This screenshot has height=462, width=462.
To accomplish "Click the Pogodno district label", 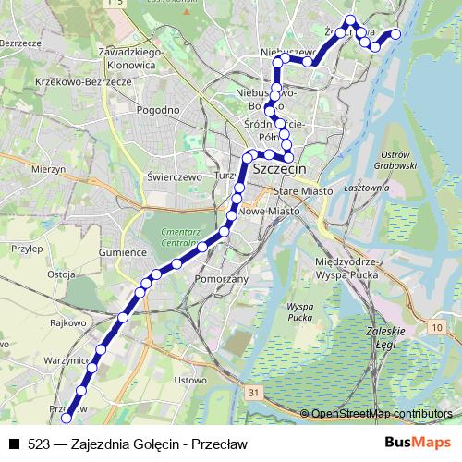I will pos(156,110).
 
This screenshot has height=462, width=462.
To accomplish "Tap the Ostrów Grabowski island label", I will pos(400,158).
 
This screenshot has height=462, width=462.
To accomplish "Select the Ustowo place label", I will pos(189,380).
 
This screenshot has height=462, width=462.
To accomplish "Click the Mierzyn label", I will pos(45,170).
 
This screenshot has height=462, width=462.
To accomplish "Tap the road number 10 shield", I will pos(435,327).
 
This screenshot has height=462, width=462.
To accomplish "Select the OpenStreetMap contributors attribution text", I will pos(383,413).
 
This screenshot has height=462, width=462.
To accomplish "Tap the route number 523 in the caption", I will pos(39,444).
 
